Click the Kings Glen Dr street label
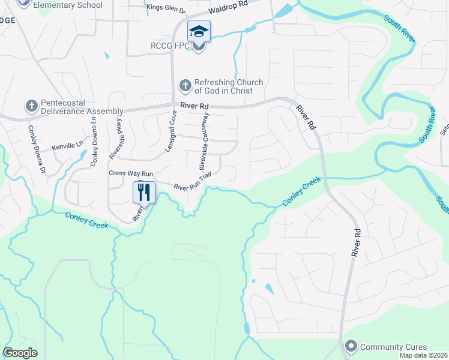[x=166, y=8]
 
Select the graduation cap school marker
[x=199, y=31]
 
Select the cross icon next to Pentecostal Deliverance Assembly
[x=31, y=106]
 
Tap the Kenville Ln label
[x=66, y=146]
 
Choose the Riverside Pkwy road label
[x=115, y=139]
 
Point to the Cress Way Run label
[x=131, y=173]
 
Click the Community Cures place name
[x=394, y=346]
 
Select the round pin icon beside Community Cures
[x=351, y=346]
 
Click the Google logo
[x=20, y=353]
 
